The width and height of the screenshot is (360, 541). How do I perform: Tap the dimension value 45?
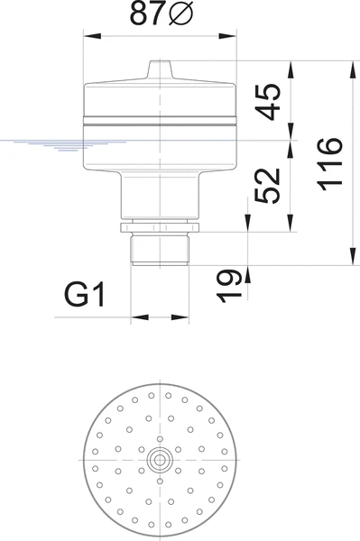[268, 102]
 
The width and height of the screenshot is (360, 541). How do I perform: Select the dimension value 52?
[267, 186]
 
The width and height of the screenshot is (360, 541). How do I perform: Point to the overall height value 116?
[330, 164]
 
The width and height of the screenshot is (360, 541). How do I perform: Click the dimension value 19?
[229, 286]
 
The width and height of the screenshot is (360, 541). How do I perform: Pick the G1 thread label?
[85, 294]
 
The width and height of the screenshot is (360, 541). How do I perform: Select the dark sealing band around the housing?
[160, 121]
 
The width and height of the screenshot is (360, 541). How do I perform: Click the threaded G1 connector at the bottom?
[160, 249]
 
